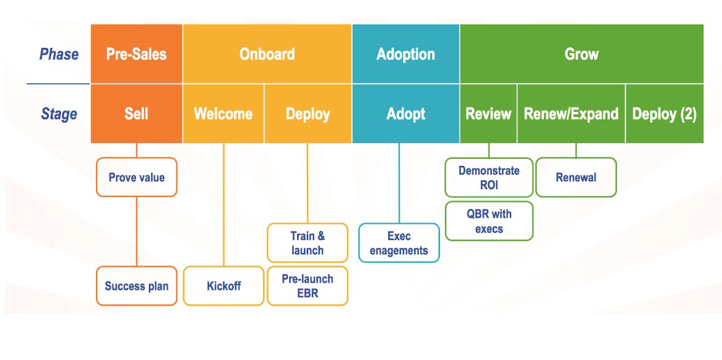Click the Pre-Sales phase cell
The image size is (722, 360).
(136, 54)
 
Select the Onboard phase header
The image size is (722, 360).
(267, 54)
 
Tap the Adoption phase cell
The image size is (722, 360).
(405, 54)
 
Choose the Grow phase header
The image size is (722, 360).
(582, 54)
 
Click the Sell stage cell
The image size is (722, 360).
(136, 114)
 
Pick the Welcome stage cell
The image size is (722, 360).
(223, 114)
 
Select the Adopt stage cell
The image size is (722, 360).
(405, 114)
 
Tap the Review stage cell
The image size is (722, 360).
(488, 114)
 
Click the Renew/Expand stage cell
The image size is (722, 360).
(571, 114)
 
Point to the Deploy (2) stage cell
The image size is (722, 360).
(664, 114)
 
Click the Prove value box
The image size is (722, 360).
(136, 178)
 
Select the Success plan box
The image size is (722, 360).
(136, 286)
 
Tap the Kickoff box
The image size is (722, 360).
(224, 286)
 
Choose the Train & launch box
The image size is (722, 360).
(308, 243)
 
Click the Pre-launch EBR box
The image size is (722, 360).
(308, 286)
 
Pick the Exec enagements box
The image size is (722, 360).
(399, 243)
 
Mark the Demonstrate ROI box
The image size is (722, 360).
(489, 178)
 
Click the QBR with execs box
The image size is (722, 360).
(489, 221)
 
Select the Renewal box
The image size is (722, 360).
(576, 178)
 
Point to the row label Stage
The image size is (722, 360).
(59, 114)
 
